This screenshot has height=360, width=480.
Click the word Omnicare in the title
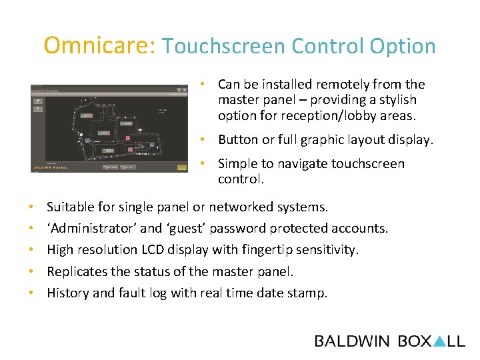tap(99, 45)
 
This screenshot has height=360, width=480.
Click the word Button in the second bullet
tap(237, 140)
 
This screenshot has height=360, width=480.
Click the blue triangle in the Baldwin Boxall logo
tap(439, 341)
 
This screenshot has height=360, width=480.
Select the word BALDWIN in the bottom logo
tap(352, 341)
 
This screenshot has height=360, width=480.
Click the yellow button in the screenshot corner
tap(181, 167)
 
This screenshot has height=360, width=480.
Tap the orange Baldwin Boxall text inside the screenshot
tap(52, 167)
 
